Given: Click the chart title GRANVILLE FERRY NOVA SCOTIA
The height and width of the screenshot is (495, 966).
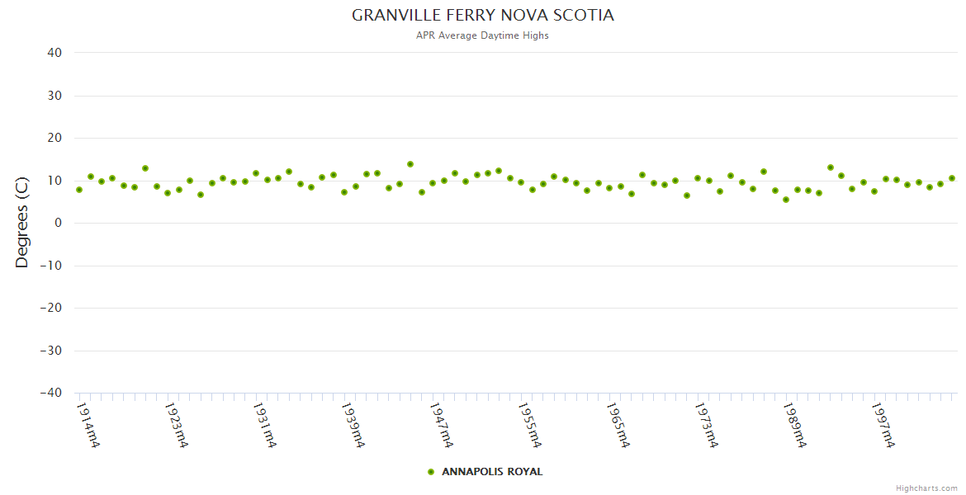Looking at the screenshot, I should coord(483,16).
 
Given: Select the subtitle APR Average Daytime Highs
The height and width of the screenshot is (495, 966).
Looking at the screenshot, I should coord(483,35).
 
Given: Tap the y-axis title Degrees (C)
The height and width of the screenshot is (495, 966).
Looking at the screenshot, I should coord(22,223).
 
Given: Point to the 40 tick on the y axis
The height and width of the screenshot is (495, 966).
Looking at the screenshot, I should coord(54,53).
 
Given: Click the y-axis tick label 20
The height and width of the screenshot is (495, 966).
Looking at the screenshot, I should coord(54,138).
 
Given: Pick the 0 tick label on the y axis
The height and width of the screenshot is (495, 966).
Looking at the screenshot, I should coord(58,223).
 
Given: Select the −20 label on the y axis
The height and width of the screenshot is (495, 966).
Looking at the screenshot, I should coord(50,308).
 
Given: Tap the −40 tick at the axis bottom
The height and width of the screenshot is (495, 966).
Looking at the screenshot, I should coord(50,393).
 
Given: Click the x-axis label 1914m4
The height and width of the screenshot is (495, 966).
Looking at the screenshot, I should coord(88,425).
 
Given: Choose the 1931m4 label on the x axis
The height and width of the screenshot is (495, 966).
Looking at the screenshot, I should coord(265,425).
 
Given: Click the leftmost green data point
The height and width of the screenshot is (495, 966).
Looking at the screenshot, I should coord(79,190).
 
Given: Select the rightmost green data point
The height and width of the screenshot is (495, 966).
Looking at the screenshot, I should coord(952,178).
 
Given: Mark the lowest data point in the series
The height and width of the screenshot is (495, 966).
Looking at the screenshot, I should coord(786,200).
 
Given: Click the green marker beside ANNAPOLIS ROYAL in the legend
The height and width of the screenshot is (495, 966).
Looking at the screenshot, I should coord(431,472).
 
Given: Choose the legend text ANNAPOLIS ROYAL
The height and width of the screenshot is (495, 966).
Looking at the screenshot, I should coord(492,472).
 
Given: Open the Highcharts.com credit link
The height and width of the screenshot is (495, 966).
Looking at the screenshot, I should coord(926,488).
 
